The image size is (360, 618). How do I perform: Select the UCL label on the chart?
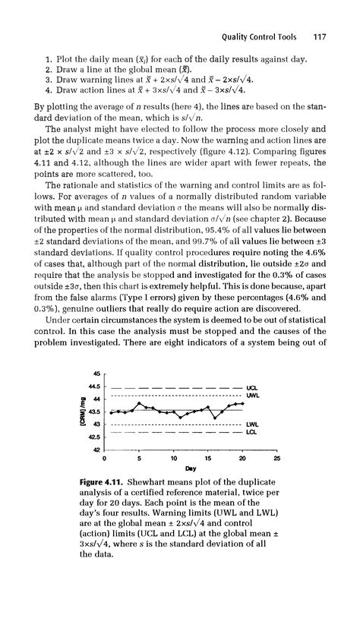253,387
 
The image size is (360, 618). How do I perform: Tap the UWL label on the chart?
254,396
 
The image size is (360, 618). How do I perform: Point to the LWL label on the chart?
253,424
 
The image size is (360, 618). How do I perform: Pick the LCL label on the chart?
253,432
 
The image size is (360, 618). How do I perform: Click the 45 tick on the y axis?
97,374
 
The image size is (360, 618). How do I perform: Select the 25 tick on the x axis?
276,459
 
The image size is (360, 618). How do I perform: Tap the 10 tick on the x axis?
174,459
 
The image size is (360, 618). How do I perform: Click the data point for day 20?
242,404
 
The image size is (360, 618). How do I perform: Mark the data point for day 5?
139,403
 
